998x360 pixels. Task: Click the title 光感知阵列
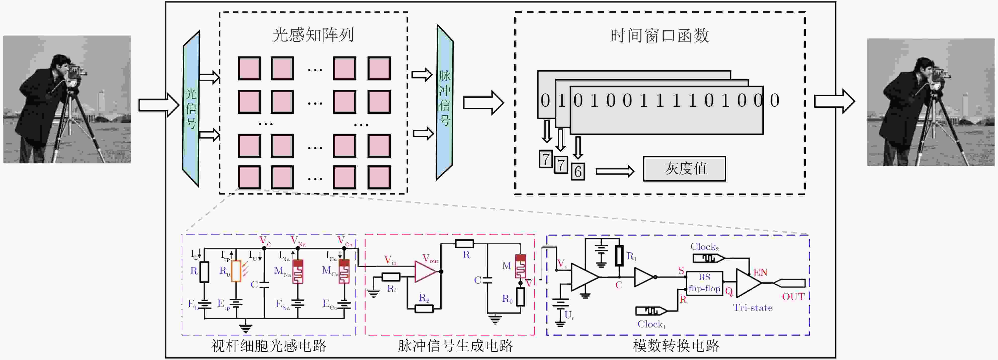tap(313, 35)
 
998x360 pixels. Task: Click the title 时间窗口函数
tap(659, 36)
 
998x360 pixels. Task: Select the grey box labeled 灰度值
tap(684, 169)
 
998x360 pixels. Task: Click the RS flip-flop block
tap(704, 283)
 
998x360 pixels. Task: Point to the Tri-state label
tap(752, 308)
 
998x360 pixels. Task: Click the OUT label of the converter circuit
tap(793, 297)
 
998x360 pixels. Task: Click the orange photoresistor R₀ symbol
tap(236, 271)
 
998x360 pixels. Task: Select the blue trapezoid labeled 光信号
tap(191, 108)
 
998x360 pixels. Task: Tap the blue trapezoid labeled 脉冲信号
tap(444, 102)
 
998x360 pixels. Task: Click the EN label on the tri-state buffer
tap(760, 273)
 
